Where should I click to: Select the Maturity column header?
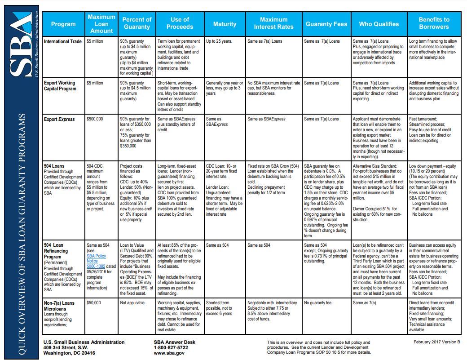[225, 24]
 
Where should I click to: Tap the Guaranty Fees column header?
[326, 24]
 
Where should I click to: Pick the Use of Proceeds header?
[180, 23]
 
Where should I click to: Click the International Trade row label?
[62, 41]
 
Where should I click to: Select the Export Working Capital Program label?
[60, 86]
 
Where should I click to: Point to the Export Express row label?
[59, 119]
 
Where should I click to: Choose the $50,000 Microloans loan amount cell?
[94, 303]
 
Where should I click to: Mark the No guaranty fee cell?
[317, 303]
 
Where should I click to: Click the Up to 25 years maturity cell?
[219, 41]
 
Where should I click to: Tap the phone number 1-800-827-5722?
[172, 347]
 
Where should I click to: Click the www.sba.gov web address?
[169, 353]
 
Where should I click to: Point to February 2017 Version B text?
[437, 342]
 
